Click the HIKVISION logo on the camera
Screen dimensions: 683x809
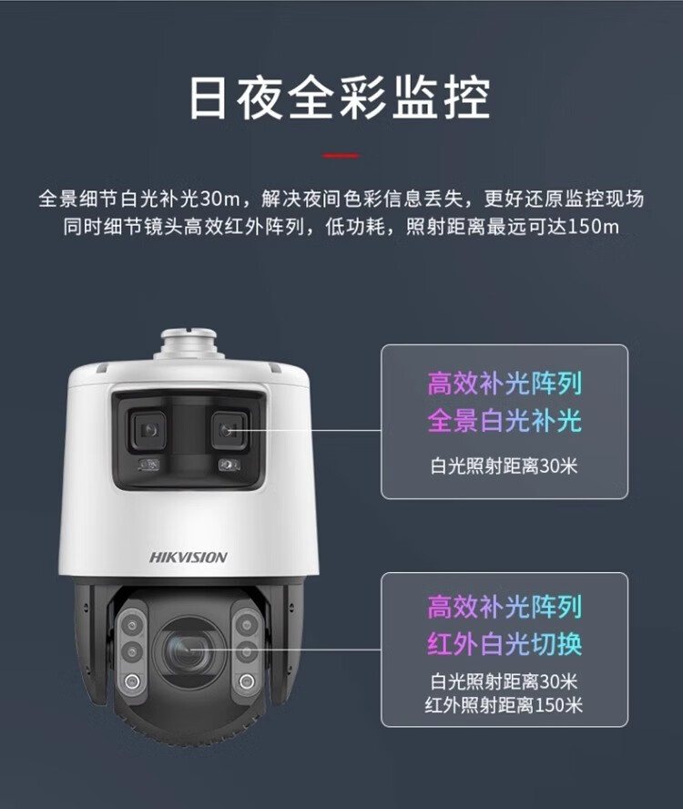[x=189, y=558]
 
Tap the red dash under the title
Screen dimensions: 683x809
[x=341, y=155]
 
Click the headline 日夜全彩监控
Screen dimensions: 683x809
[x=340, y=98]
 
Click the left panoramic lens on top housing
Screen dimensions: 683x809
[x=148, y=429]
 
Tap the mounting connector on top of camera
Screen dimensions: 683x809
[x=189, y=343]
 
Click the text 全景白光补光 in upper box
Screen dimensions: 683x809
[x=505, y=421]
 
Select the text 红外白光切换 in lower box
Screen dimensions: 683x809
[x=505, y=643]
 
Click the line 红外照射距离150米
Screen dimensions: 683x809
[x=504, y=704]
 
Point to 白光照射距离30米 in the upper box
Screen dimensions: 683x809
[x=504, y=466]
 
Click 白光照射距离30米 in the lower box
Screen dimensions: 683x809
[x=504, y=681]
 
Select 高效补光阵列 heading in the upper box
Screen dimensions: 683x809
[x=505, y=384]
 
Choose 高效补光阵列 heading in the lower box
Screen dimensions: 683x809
[x=505, y=607]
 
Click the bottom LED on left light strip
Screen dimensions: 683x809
[x=133, y=681]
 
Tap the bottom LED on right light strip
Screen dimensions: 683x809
[x=247, y=681]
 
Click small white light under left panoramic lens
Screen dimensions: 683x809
[x=148, y=465]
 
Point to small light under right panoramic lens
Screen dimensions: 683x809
[x=229, y=465]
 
